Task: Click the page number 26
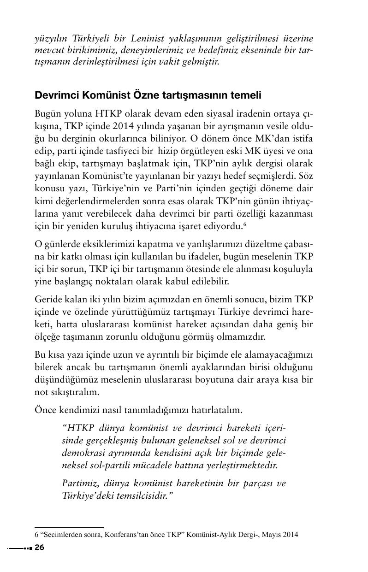(39, 548)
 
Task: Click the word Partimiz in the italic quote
(77, 483)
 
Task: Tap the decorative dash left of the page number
(20, 548)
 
